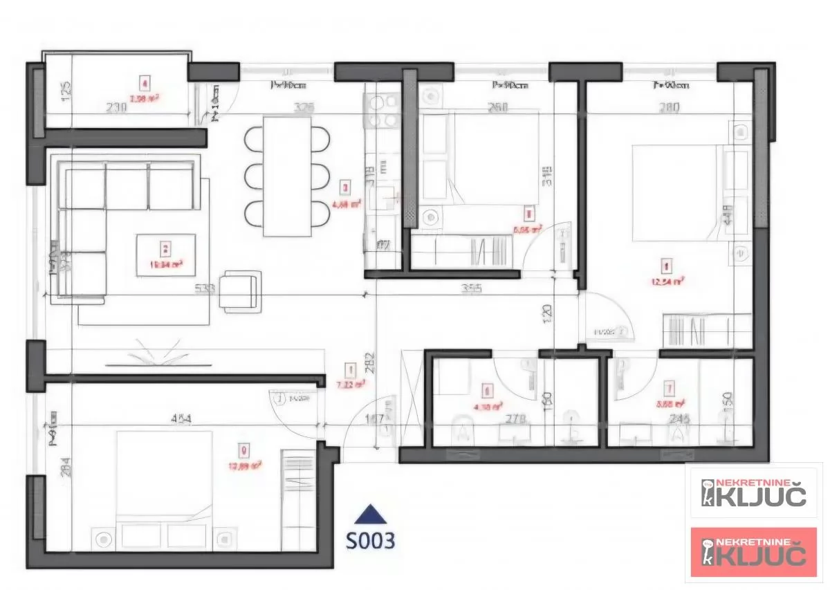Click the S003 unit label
[371, 540]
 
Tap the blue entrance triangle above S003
[370, 515]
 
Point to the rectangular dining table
[287, 176]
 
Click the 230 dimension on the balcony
[116, 107]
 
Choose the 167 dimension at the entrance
[375, 418]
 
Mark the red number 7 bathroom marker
[669, 387]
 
